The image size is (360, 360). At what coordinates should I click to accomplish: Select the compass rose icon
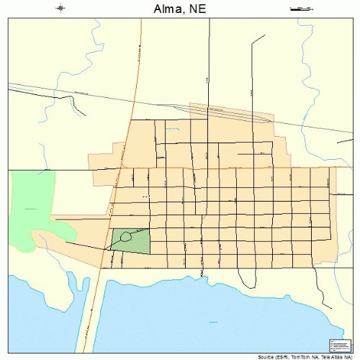[60, 9]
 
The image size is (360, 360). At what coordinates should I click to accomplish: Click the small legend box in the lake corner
[338, 345]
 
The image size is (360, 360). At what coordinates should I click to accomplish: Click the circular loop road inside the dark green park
[126, 236]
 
